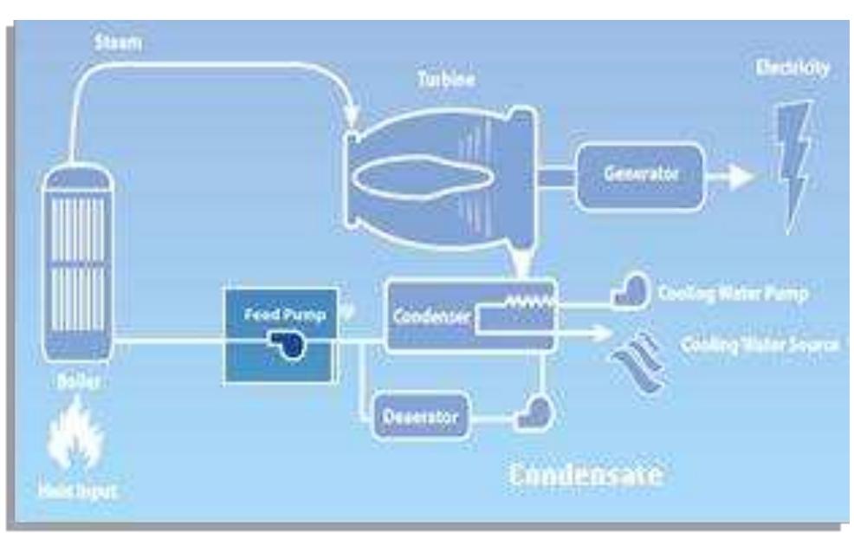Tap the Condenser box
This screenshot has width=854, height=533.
[468, 315]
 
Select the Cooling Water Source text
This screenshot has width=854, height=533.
[759, 344]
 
